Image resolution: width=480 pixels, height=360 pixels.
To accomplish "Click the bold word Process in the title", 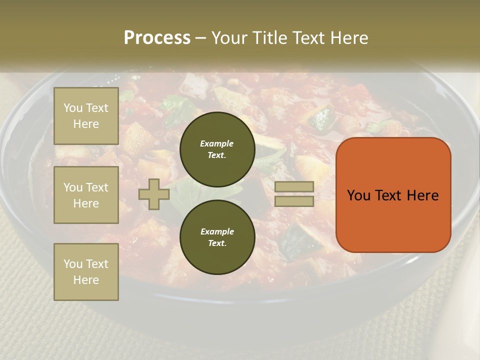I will [157, 38].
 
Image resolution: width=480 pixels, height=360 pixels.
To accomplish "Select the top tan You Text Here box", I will [86, 116].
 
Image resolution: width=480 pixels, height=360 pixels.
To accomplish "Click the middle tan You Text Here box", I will [86, 195].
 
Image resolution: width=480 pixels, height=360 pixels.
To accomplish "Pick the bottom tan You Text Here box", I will [86, 272].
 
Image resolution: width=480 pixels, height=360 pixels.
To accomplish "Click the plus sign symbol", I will [154, 194].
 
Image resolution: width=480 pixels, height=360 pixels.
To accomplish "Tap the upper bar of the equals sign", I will [294, 186].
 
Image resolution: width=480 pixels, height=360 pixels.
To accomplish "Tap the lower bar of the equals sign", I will [294, 201].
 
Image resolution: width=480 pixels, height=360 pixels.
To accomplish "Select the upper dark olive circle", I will [217, 149].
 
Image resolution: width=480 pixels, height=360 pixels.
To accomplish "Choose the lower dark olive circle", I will [217, 237].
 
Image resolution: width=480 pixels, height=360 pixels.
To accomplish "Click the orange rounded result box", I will [393, 194].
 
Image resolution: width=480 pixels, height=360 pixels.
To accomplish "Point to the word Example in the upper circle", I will [217, 143].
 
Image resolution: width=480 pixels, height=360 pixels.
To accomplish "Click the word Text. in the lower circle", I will [217, 243].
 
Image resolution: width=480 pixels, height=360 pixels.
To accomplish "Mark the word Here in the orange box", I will [422, 195].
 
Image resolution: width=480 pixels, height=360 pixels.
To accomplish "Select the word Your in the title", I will [229, 38].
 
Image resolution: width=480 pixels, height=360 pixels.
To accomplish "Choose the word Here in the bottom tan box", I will [86, 280].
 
